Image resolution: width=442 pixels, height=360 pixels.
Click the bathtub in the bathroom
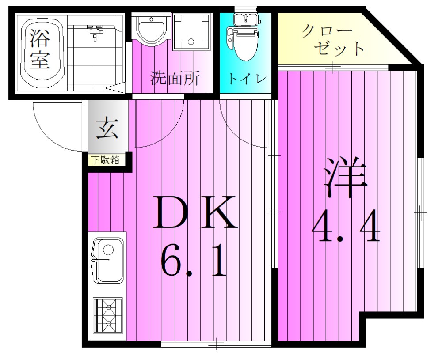tap(40, 51)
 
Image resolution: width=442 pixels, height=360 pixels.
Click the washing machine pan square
tap(191, 32)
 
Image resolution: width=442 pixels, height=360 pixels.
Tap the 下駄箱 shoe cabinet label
tap(106, 160)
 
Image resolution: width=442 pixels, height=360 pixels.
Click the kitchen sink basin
tap(107, 262)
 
